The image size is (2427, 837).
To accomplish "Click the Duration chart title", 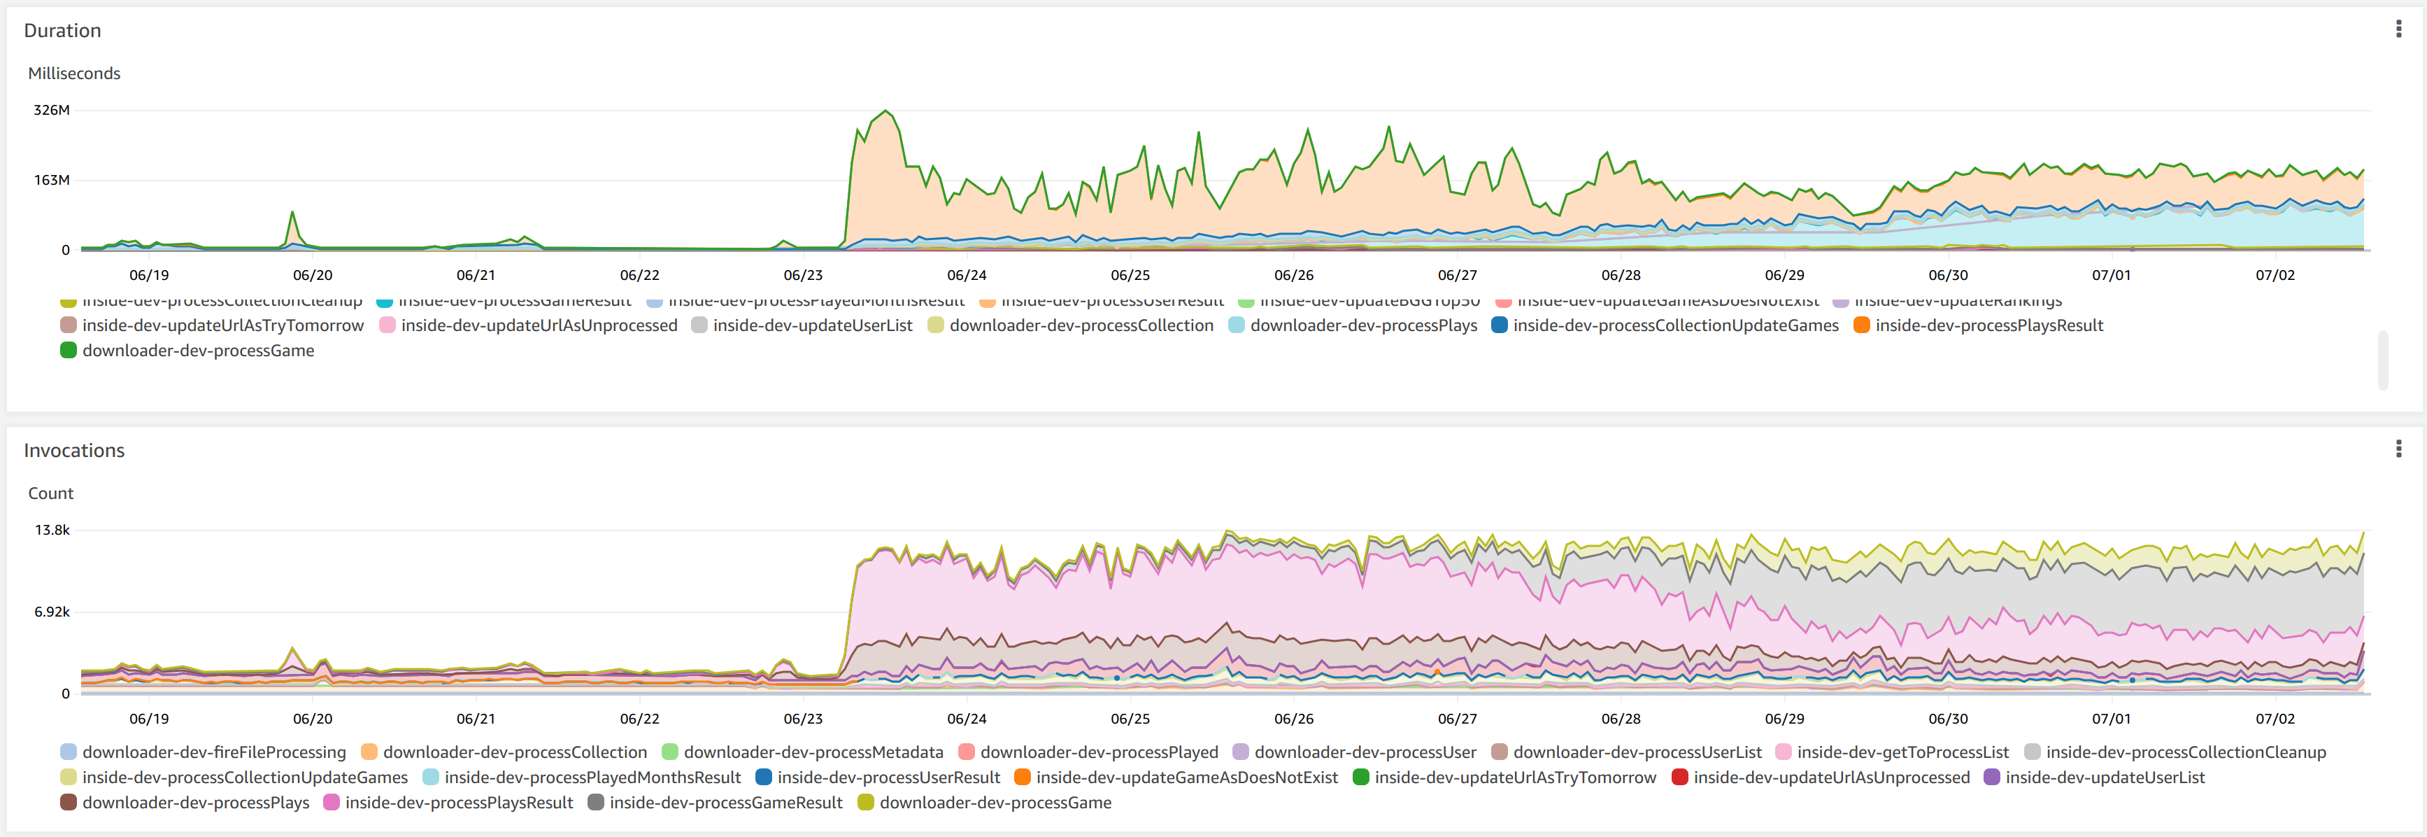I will [62, 30].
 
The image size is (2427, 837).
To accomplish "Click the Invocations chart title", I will [73, 451].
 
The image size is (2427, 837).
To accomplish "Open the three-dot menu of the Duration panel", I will [2398, 29].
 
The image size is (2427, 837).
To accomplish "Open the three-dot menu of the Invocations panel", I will [2398, 449].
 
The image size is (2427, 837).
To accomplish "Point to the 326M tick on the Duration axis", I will [51, 111].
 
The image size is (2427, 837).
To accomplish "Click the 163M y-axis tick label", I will [52, 180].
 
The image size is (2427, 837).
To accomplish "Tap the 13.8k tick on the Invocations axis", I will [52, 530].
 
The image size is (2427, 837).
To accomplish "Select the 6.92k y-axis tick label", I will [52, 612].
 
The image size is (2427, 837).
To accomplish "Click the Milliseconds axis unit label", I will [73, 73].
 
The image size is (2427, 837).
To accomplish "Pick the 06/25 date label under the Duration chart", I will [1130, 275].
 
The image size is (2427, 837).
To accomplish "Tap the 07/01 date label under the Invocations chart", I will [2110, 718].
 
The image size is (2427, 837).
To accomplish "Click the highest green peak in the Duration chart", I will [885, 111].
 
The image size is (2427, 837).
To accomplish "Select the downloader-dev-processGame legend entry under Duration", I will [198, 351].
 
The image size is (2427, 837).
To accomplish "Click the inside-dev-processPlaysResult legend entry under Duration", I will [1988, 325].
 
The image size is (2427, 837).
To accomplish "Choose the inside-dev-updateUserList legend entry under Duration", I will [812, 325].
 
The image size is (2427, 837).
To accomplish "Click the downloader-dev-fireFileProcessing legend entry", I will [214, 752].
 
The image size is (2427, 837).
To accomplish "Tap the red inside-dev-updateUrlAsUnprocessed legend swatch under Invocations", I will [1679, 778].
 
